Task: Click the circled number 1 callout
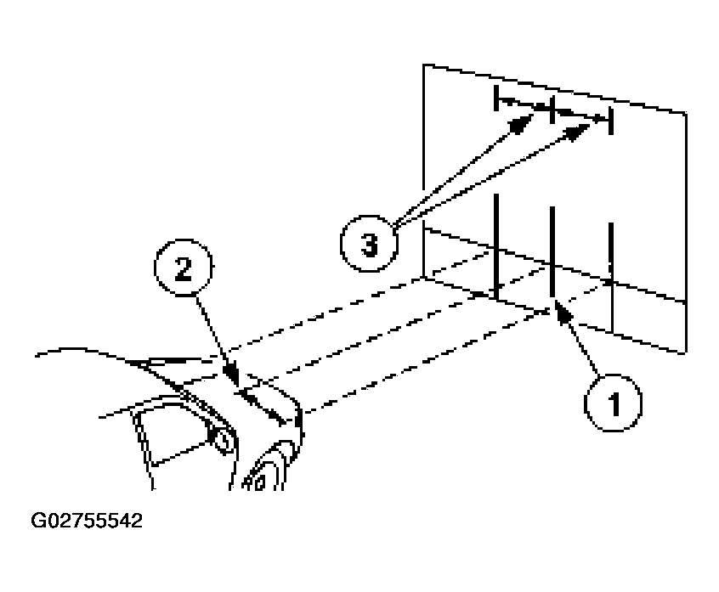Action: (613, 403)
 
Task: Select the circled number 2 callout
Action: (184, 268)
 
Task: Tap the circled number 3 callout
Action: (369, 243)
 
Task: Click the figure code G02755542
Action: (87, 521)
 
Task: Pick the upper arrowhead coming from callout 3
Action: (522, 123)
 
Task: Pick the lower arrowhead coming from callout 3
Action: (577, 132)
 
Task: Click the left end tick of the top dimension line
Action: (496, 98)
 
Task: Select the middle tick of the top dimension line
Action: (552, 110)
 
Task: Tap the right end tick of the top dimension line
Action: (610, 121)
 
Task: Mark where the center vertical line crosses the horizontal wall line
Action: (552, 265)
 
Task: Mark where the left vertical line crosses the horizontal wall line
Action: (496, 250)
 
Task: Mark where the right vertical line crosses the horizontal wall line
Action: (611, 280)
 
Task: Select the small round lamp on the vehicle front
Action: (222, 441)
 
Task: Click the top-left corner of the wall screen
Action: (423, 65)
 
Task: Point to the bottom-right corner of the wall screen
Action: (686, 352)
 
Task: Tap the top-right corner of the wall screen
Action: (686, 113)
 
